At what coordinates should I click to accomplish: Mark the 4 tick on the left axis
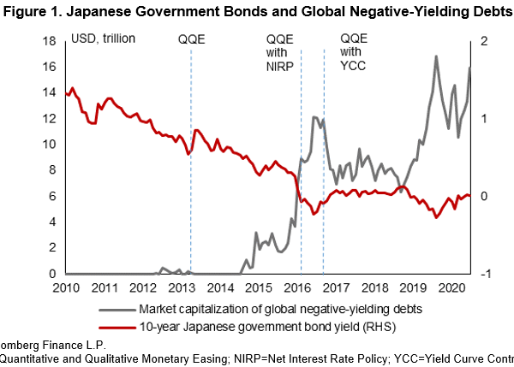click(x=54, y=222)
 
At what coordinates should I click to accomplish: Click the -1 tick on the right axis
click(x=485, y=274)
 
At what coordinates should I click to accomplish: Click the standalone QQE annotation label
click(x=192, y=39)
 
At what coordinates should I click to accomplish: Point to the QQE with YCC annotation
click(x=353, y=56)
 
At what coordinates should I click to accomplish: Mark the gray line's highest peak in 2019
click(x=437, y=56)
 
